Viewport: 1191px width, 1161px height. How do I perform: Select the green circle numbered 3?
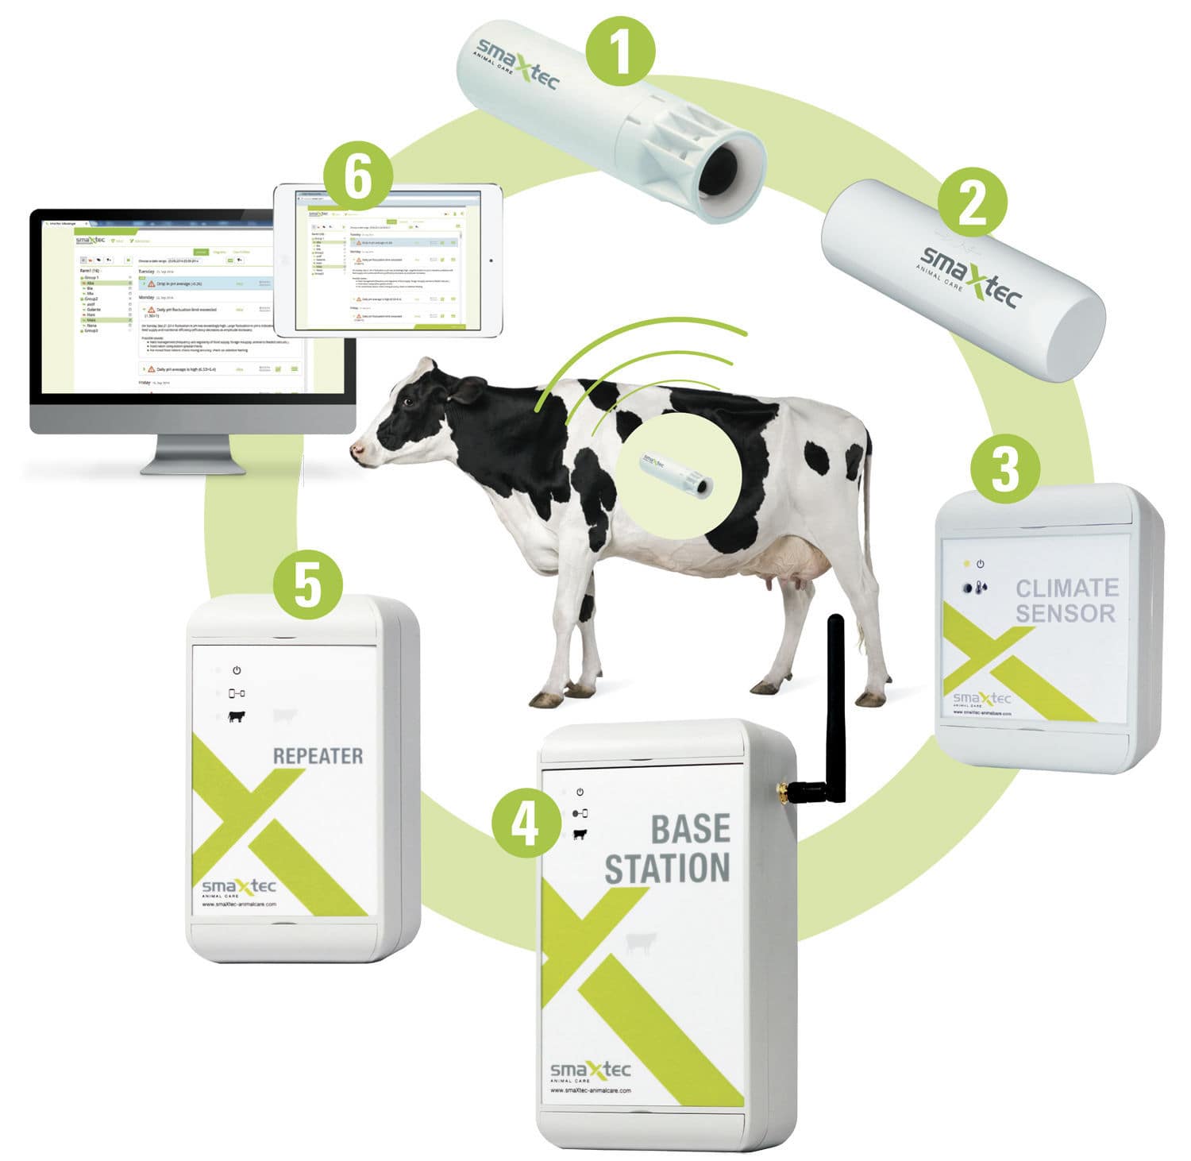[1004, 469]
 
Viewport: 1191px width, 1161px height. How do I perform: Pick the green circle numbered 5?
[308, 586]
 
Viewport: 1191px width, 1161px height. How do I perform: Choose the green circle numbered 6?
[357, 179]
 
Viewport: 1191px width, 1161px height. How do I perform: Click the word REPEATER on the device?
[318, 755]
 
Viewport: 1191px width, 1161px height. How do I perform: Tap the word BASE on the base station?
[690, 828]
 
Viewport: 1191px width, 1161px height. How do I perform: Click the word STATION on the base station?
[667, 868]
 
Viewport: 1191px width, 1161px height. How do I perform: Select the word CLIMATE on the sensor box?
[1067, 588]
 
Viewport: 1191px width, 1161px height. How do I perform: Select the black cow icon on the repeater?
[237, 716]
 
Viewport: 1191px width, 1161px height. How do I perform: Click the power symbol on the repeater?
[237, 671]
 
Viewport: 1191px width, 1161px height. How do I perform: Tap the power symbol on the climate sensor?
[981, 564]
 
